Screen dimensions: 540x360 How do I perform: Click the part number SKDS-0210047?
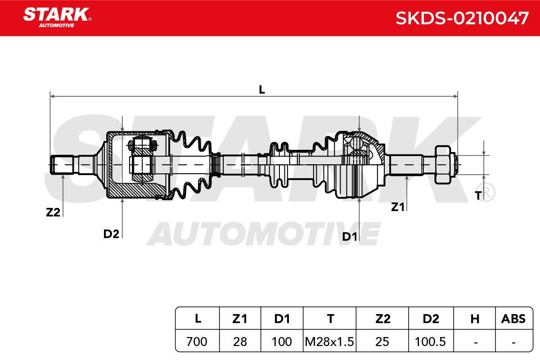[462, 18]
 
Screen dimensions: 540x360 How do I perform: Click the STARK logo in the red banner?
[57, 18]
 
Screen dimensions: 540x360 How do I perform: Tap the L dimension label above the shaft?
[262, 90]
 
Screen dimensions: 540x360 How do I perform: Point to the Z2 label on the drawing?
[53, 212]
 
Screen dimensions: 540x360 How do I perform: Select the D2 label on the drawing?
[111, 234]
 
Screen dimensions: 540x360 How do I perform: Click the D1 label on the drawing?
[350, 237]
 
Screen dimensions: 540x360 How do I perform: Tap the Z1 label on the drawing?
[397, 207]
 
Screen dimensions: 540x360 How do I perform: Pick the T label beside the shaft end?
[478, 196]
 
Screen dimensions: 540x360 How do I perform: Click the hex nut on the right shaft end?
[443, 165]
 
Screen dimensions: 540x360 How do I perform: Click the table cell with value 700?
[197, 342]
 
